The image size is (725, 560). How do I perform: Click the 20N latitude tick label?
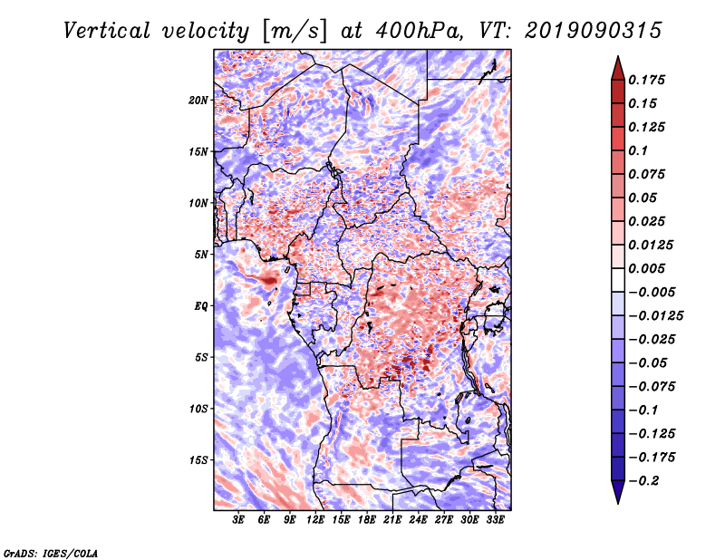point(198,101)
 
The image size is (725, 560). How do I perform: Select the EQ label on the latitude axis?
point(201,306)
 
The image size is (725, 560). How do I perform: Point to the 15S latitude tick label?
point(198,460)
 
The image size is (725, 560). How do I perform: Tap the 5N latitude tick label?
point(201,255)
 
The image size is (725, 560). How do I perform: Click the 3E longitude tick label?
point(238,520)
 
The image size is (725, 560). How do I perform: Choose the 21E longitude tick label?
point(392,520)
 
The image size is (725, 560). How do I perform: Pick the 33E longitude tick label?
point(495,520)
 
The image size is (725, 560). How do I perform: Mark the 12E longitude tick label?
point(315,520)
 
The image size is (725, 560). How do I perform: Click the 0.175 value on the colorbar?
point(646,80)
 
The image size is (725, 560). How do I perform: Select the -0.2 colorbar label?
point(643,481)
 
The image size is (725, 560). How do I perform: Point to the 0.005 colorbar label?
point(646,268)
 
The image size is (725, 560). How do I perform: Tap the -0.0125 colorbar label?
point(655,316)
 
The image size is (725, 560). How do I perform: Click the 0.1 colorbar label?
point(638,150)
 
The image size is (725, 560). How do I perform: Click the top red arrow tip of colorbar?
point(618,56)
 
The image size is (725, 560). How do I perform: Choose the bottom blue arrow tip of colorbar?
point(618,503)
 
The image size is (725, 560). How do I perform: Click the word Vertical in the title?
point(107,31)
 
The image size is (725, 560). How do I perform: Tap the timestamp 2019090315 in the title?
point(594,31)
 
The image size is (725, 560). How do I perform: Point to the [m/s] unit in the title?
point(295,31)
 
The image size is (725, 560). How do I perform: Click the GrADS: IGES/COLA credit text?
point(51,553)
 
